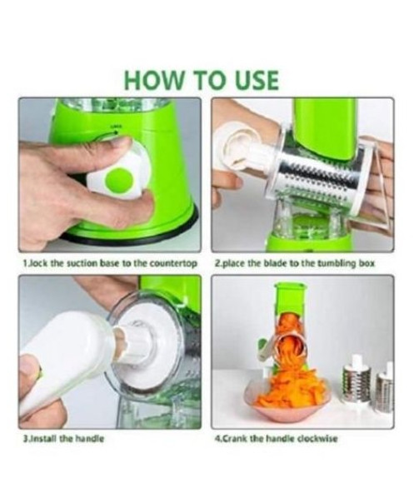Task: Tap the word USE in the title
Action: click(x=257, y=80)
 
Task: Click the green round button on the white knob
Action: click(x=119, y=181)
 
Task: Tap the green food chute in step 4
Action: click(x=292, y=298)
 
